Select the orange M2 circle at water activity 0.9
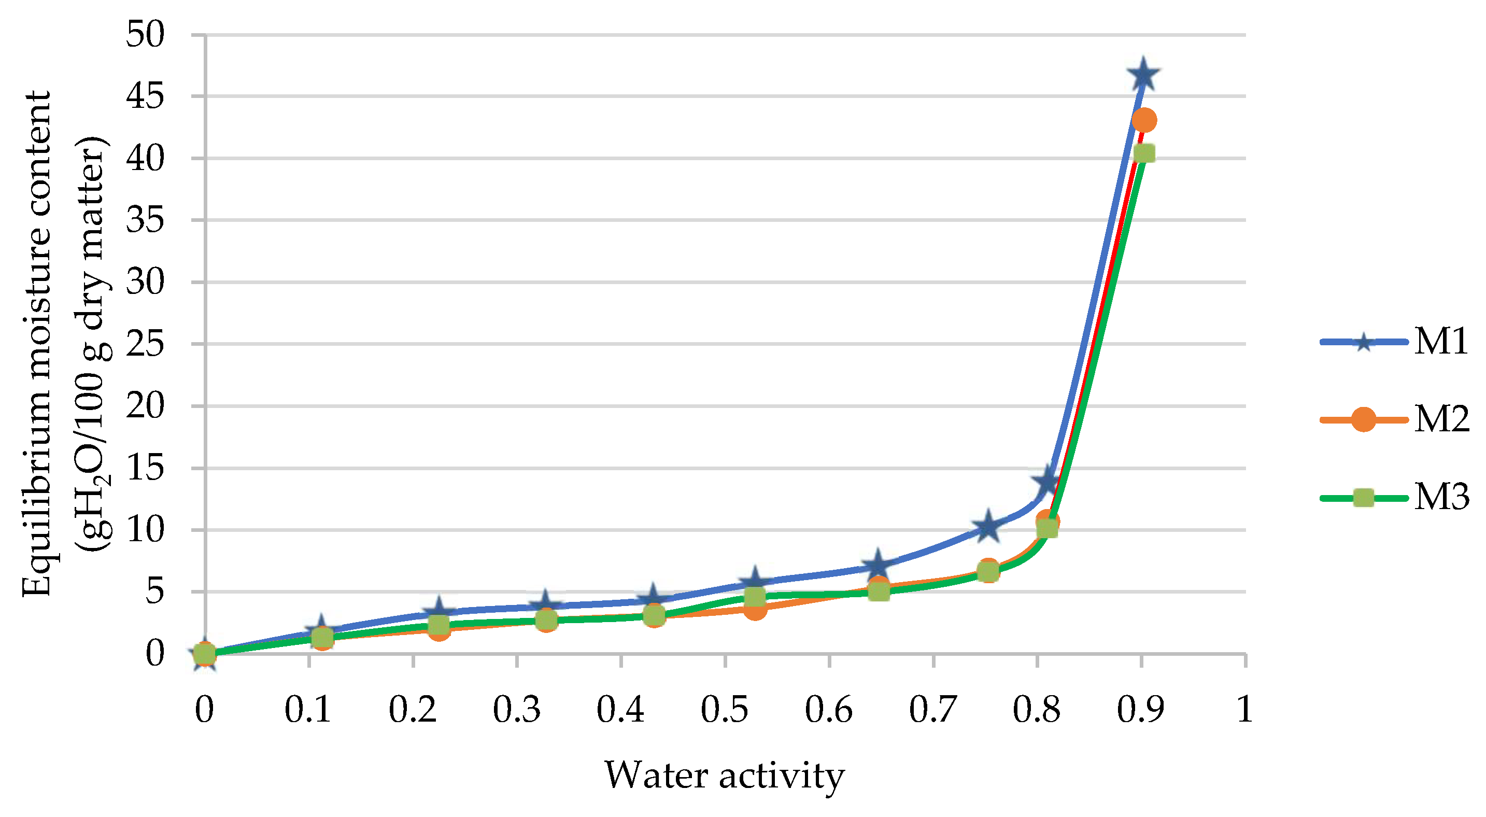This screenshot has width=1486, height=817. pos(1144,120)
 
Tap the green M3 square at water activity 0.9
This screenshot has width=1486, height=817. pos(1144,153)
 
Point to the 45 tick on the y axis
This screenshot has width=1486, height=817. pos(145,96)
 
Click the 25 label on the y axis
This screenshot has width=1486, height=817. pos(145,344)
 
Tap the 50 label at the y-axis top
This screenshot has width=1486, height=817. pos(145,34)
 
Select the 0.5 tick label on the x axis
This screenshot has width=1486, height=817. pos(724,710)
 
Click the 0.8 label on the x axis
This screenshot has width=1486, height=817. pos(1037,710)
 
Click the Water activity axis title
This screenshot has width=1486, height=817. pos(724,776)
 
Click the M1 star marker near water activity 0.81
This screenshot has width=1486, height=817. pos(1046,481)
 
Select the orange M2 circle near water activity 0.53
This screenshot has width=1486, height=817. pos(755,609)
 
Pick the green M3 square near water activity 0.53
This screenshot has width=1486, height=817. pos(755,596)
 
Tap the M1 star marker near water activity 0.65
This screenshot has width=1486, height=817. pos(878,565)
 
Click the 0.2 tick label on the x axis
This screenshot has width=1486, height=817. pos(413,710)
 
